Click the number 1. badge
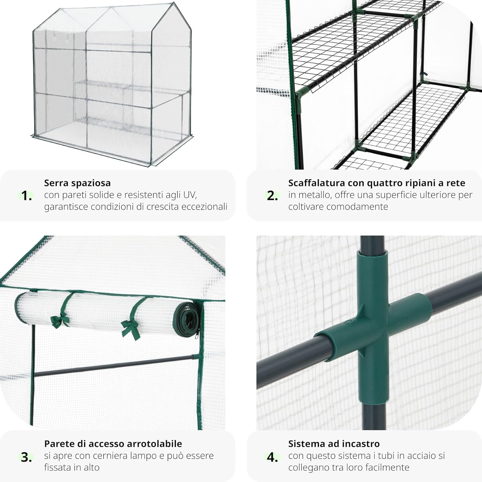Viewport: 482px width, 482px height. (x=26, y=196)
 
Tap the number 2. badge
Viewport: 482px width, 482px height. (x=272, y=196)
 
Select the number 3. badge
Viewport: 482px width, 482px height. (x=26, y=457)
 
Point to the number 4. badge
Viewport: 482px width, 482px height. (x=272, y=457)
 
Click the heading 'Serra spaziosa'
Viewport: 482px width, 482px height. (x=77, y=183)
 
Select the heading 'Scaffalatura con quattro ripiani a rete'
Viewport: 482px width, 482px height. (x=376, y=183)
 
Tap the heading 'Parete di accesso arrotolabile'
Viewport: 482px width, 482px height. (x=113, y=444)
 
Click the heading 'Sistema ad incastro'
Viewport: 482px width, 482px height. (x=334, y=444)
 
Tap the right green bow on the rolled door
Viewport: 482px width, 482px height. (x=130, y=328)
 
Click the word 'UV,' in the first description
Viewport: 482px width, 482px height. (x=190, y=195)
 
